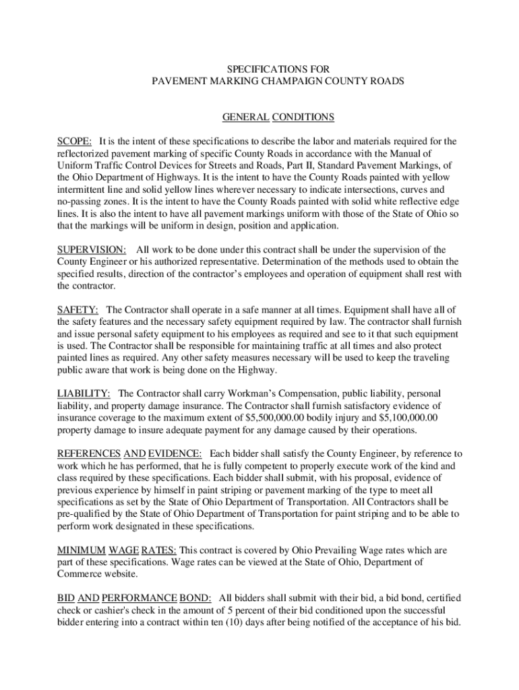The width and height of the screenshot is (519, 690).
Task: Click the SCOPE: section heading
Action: point(75,142)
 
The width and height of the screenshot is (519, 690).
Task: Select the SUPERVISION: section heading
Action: point(91,249)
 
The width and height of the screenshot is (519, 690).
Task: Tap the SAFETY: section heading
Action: point(78,309)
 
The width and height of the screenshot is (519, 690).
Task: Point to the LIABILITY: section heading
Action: point(84,394)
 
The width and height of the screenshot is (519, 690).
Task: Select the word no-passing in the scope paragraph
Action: point(79,201)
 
